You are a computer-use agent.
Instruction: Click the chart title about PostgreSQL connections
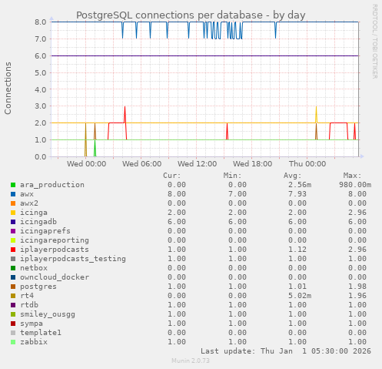click(x=191, y=15)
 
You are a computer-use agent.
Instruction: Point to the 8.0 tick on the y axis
click(x=40, y=22)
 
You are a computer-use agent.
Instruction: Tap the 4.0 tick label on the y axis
click(x=40, y=89)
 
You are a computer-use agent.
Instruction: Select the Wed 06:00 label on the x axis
click(x=141, y=163)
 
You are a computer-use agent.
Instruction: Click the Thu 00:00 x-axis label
click(x=307, y=163)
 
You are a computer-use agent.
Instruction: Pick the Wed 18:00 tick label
click(x=252, y=163)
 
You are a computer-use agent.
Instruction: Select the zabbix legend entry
click(x=35, y=341)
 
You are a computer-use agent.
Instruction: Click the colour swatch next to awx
click(x=13, y=194)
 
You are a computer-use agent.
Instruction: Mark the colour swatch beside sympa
click(x=13, y=324)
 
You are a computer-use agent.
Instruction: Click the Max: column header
click(x=353, y=176)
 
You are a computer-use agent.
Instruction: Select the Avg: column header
click(x=293, y=176)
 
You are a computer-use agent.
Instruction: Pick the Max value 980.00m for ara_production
click(x=355, y=185)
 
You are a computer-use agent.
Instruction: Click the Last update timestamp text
click(x=286, y=351)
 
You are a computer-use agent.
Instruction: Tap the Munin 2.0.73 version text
click(x=191, y=361)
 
